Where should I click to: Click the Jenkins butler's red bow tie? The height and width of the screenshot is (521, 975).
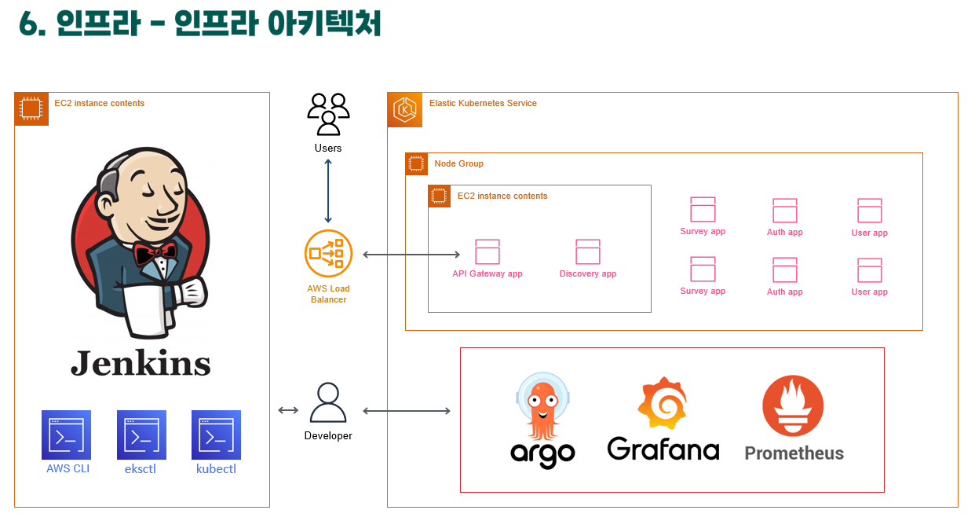point(155,254)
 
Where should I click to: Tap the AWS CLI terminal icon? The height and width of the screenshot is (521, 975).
point(66,435)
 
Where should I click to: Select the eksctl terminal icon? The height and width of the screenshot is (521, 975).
point(141,435)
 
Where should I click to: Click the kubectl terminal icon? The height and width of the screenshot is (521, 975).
point(217,435)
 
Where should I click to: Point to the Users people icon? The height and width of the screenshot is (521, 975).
point(328,114)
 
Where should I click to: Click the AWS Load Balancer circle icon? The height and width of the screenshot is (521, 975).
point(328,254)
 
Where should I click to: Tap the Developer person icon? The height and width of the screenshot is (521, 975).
point(328,402)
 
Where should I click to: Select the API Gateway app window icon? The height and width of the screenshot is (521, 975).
point(487,251)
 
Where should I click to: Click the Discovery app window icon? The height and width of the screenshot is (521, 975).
point(588,251)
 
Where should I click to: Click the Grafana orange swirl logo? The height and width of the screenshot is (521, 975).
point(663,403)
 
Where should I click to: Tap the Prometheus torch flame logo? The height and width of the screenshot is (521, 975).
point(793,406)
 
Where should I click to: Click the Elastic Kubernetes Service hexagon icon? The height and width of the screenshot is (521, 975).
point(405,109)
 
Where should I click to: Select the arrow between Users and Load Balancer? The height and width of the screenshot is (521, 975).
point(328,191)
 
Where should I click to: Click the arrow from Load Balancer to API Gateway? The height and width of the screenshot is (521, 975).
point(411,255)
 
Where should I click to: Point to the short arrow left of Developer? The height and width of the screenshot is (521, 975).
point(288,410)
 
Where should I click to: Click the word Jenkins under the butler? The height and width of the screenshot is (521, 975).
point(141,363)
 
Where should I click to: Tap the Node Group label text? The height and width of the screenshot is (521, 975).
point(458,163)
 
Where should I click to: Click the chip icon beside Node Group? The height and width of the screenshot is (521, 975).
point(417,163)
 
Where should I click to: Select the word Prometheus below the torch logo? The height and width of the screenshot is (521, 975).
point(794,453)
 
